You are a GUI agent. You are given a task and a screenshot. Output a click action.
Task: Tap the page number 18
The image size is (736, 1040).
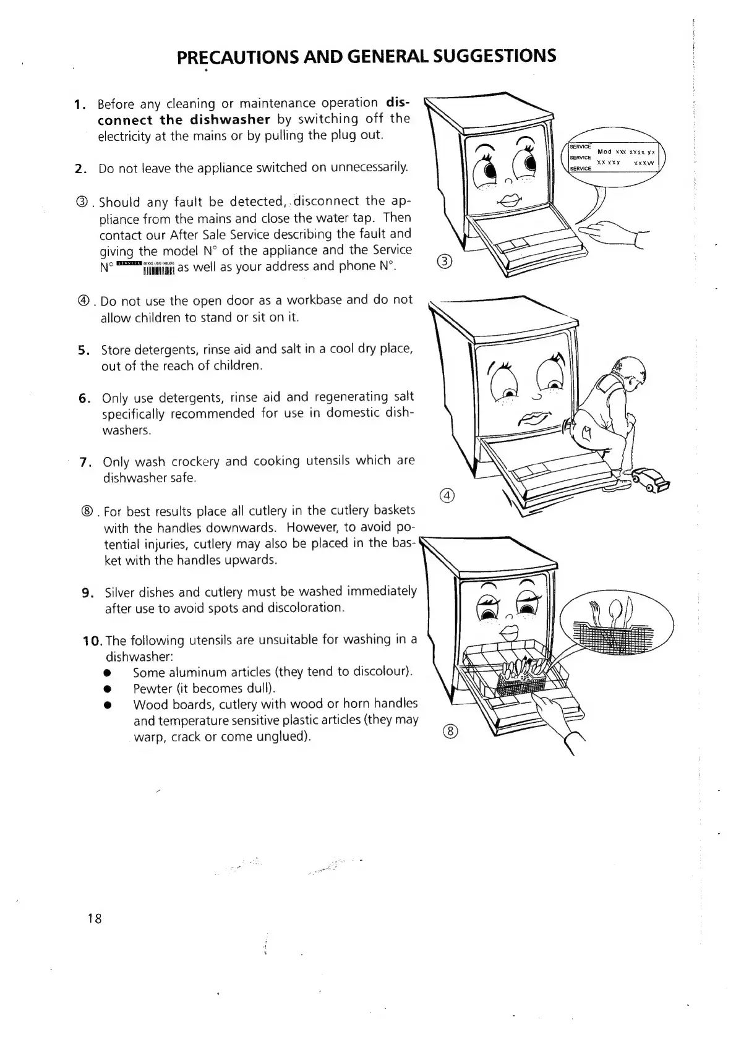click(x=95, y=918)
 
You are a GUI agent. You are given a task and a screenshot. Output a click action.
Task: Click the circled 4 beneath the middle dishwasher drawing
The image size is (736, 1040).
click(x=447, y=496)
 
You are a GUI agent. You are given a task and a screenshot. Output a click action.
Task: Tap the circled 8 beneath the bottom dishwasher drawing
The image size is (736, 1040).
click(x=450, y=731)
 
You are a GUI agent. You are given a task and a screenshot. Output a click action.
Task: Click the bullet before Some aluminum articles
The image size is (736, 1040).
click(x=108, y=673)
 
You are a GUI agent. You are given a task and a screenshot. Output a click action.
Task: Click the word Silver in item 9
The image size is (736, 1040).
click(x=120, y=592)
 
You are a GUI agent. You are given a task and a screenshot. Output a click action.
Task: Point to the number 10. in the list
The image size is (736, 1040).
click(x=93, y=640)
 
